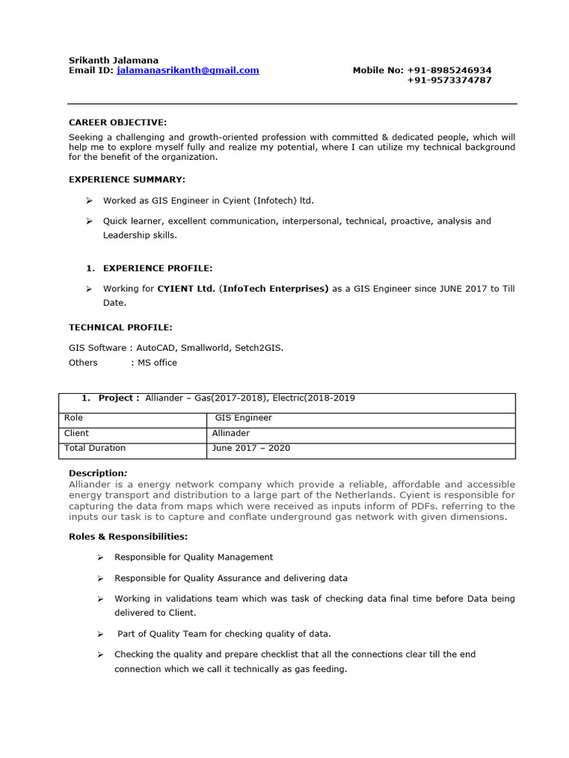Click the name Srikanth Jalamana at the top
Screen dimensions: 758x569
[x=113, y=60]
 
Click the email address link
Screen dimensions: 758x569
[x=187, y=70]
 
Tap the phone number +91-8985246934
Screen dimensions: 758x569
[x=449, y=70]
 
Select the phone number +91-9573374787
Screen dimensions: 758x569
[x=449, y=80]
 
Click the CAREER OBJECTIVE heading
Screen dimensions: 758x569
[x=118, y=122]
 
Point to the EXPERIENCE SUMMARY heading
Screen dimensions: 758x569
[x=127, y=179]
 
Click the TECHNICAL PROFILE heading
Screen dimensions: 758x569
[x=120, y=326]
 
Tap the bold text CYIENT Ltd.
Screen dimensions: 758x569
[x=186, y=289]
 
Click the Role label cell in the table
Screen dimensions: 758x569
[x=74, y=418]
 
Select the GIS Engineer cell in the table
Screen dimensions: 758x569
[x=243, y=418]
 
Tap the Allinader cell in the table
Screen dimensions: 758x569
[x=232, y=433]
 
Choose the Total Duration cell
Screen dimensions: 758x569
[x=95, y=448]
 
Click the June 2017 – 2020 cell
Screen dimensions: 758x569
[x=250, y=448]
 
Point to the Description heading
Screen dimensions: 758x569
[x=98, y=473]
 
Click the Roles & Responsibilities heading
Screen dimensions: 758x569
[x=128, y=536]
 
